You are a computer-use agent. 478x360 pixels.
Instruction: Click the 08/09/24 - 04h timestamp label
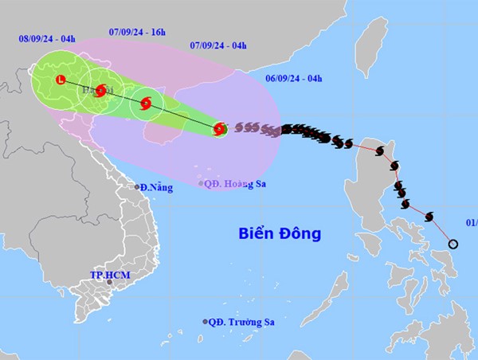[x=47, y=37]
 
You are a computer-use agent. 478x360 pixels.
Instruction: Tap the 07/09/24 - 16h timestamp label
[x=137, y=32]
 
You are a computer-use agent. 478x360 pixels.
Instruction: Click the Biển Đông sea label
[x=280, y=233]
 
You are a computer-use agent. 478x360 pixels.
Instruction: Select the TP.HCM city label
[x=109, y=276]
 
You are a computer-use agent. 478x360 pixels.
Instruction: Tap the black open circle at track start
[x=453, y=244]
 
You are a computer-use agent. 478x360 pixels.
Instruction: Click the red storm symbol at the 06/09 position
[x=220, y=128]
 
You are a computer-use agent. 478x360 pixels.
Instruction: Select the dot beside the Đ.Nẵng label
[x=137, y=187]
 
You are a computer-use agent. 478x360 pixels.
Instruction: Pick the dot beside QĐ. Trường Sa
[x=205, y=322]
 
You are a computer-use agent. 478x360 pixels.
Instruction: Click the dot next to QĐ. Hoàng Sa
[x=201, y=182]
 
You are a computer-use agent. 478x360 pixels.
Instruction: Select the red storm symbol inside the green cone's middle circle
[x=146, y=103]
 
